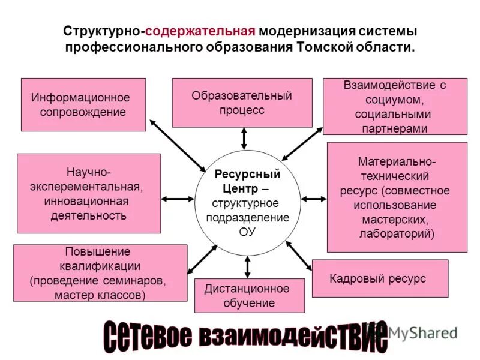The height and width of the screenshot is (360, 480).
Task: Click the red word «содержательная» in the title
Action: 208,31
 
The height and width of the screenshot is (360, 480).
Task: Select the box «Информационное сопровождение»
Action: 83,104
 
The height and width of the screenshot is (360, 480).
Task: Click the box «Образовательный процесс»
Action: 242,103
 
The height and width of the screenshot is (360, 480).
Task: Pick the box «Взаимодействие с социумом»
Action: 395,106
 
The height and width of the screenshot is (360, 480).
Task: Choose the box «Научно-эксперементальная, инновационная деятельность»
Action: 89,193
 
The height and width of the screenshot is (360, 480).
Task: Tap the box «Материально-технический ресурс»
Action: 397,197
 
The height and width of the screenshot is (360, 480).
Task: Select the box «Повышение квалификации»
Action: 99,273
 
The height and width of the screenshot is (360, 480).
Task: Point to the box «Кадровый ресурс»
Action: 380,278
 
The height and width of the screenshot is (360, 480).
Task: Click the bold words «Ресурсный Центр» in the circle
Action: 247,181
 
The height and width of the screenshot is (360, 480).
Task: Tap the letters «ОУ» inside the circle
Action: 247,230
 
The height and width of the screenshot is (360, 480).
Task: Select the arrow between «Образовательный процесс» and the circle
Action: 244,139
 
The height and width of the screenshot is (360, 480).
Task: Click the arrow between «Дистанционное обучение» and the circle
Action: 247,267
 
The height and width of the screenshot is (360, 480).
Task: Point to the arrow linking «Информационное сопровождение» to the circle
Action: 177,145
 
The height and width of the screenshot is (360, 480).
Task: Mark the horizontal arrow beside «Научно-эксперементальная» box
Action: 178,199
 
